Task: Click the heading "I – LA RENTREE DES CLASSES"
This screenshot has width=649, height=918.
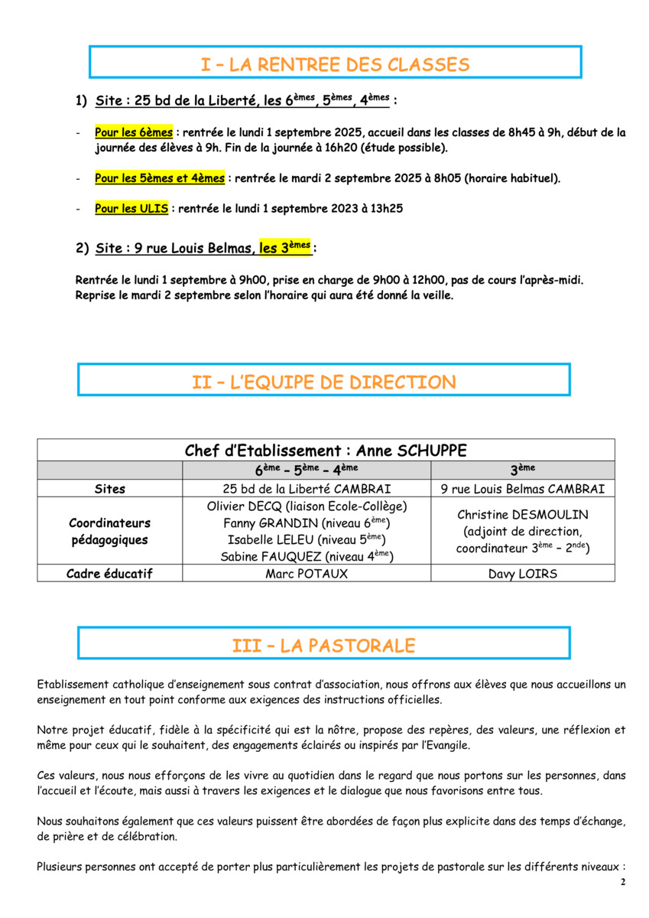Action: click(335, 65)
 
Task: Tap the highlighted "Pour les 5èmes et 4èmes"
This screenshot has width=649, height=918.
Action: click(160, 178)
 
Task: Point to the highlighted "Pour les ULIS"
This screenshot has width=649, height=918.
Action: click(131, 208)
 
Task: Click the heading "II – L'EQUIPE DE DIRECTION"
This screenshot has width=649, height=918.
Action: click(323, 382)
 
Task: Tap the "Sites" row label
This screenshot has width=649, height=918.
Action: click(110, 489)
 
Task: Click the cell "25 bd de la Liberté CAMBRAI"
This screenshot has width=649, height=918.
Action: click(307, 489)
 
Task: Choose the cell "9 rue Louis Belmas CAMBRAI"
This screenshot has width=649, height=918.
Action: click(523, 489)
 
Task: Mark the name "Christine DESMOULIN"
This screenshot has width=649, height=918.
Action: click(523, 515)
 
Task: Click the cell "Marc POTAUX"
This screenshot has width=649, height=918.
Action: click(307, 574)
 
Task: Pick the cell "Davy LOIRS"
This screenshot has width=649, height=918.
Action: click(523, 574)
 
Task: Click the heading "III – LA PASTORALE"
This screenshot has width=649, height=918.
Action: click(323, 646)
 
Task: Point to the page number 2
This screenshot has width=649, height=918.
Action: click(622, 882)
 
